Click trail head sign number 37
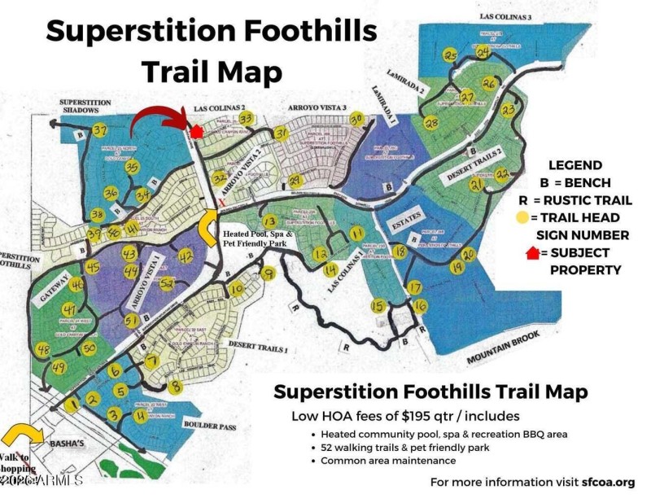(x=101, y=131)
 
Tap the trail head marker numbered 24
(x=483, y=52)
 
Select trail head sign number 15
(x=378, y=305)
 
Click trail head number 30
(x=356, y=119)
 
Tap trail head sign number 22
(x=502, y=174)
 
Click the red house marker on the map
(x=195, y=130)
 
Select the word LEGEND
(x=575, y=164)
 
